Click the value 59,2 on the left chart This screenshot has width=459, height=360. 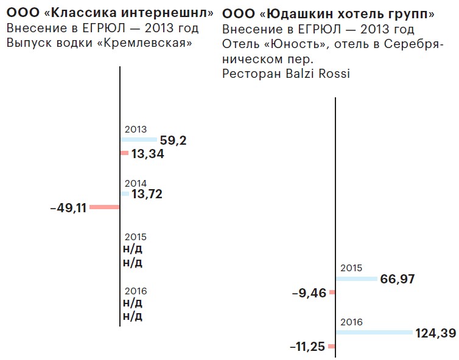click(173, 140)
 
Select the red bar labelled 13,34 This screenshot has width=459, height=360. click(124, 153)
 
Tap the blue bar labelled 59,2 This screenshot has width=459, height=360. click(138, 140)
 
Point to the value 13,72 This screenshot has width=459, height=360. click(147, 194)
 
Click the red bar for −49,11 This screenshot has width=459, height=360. click(105, 207)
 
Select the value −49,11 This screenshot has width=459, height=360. click(68, 208)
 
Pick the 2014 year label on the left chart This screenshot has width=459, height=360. click(135, 183)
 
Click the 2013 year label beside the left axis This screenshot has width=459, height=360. click(135, 130)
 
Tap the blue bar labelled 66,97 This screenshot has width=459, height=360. click(357, 279)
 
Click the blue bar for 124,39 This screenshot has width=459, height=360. click(374, 332)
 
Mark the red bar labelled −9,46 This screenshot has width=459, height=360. click(332, 292)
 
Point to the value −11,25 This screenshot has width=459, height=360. click(308, 347)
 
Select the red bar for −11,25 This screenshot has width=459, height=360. click(331, 347)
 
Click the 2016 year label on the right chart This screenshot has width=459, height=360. click(352, 322)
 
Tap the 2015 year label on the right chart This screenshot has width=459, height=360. click(352, 268)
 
